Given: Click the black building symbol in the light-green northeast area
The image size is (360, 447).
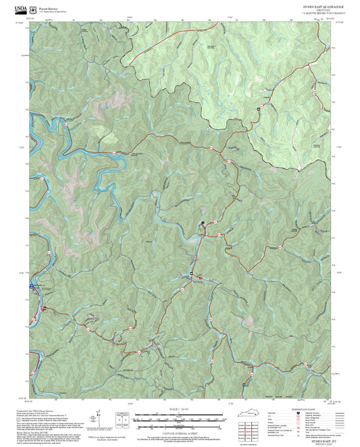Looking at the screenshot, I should point(258,109).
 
